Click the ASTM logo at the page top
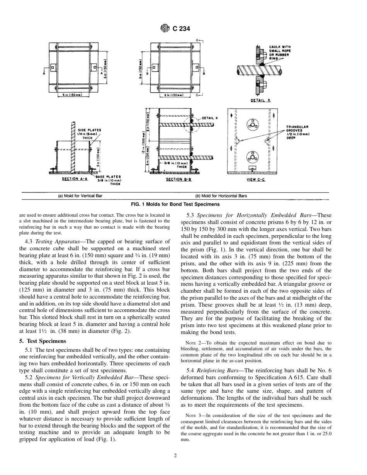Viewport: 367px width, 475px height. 165,28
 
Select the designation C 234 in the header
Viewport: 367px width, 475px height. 181,28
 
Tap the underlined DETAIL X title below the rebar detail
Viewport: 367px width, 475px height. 263,100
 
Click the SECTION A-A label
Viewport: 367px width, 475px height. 75,179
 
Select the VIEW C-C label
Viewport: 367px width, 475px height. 255,180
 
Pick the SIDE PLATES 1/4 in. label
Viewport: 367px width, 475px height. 90,133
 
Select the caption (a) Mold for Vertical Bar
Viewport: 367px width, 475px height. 78,196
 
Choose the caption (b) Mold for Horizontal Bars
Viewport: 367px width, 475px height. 221,196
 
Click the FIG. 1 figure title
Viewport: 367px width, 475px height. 183,204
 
